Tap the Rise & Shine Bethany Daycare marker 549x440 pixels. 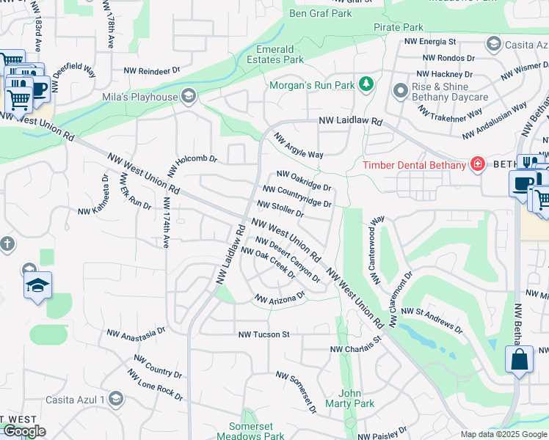tap(400, 92)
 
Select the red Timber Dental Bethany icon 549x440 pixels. tap(478, 163)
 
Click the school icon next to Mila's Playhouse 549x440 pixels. tap(189, 96)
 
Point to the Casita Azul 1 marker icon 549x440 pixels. tap(114, 398)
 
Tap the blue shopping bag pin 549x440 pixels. tap(519, 360)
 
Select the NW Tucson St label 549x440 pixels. tap(264, 334)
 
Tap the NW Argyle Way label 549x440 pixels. tap(299, 146)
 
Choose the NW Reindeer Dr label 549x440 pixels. tap(152, 71)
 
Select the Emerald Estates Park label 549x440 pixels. tap(280, 54)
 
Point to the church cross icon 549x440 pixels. tap(7, 243)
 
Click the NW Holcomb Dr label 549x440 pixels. tap(192, 164)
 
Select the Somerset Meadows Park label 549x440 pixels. tap(256, 431)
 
